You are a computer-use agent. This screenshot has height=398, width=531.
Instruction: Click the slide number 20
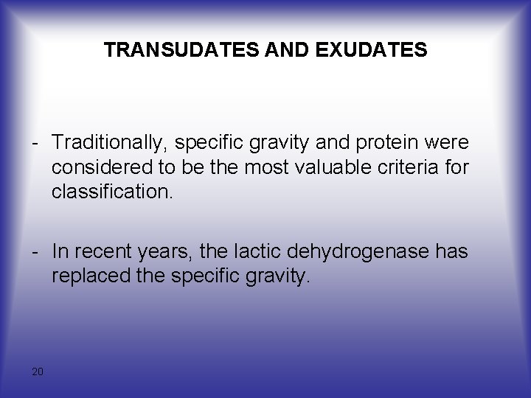pyautogui.click(x=38, y=371)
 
